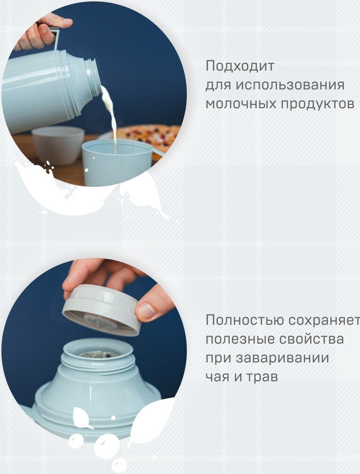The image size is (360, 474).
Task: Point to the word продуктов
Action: (317, 104)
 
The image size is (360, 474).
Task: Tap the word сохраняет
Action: (324, 321)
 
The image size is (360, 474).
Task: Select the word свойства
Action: (312, 339)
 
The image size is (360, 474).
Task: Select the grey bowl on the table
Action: (58, 145)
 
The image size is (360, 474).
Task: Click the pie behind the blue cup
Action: (148, 137)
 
